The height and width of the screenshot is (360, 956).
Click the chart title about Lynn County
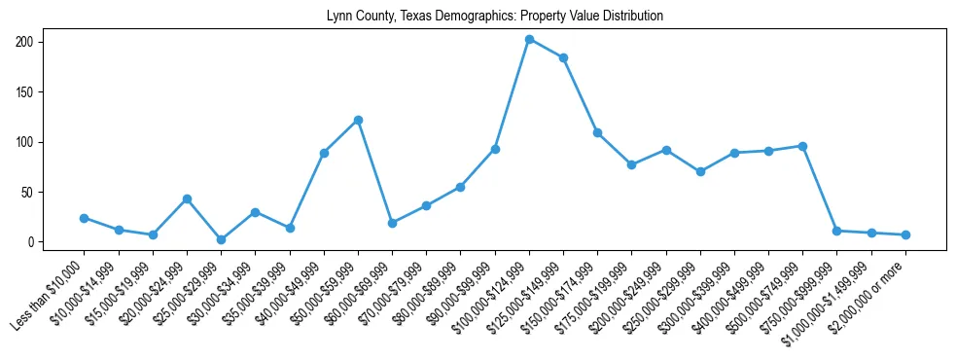[x=478, y=16]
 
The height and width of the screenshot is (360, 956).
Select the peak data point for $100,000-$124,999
[x=529, y=39]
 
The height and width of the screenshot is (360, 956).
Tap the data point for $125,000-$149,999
[x=563, y=57]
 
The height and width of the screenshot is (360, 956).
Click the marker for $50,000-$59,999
[x=358, y=120]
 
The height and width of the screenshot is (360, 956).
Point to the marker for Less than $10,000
[x=84, y=218]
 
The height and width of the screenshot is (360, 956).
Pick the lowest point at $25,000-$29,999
[x=221, y=239]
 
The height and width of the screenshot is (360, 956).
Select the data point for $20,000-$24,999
[x=187, y=198]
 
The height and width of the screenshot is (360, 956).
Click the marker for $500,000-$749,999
[x=802, y=146]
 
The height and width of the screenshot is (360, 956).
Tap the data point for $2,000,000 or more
[x=905, y=234]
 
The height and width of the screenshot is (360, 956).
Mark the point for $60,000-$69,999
[x=392, y=223]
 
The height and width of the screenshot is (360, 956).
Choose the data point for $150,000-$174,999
[x=597, y=132]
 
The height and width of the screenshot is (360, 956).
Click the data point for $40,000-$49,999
[x=324, y=153]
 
